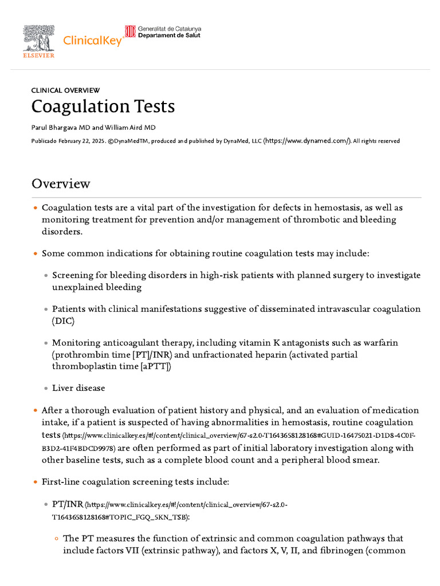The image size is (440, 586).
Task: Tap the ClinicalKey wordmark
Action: [92, 41]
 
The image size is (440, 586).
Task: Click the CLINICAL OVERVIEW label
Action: [65, 90]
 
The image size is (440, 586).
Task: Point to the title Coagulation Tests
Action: [103, 106]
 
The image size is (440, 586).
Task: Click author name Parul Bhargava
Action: [60, 128]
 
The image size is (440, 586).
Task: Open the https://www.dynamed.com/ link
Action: [307, 141]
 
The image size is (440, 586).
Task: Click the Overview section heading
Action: [61, 184]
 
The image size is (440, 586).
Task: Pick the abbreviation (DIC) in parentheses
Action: [64, 320]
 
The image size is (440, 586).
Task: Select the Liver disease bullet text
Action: [78, 388]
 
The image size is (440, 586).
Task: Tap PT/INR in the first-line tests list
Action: [67, 504]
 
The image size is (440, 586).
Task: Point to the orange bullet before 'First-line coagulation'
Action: [35, 482]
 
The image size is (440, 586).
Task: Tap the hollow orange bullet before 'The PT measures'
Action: [56, 539]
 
